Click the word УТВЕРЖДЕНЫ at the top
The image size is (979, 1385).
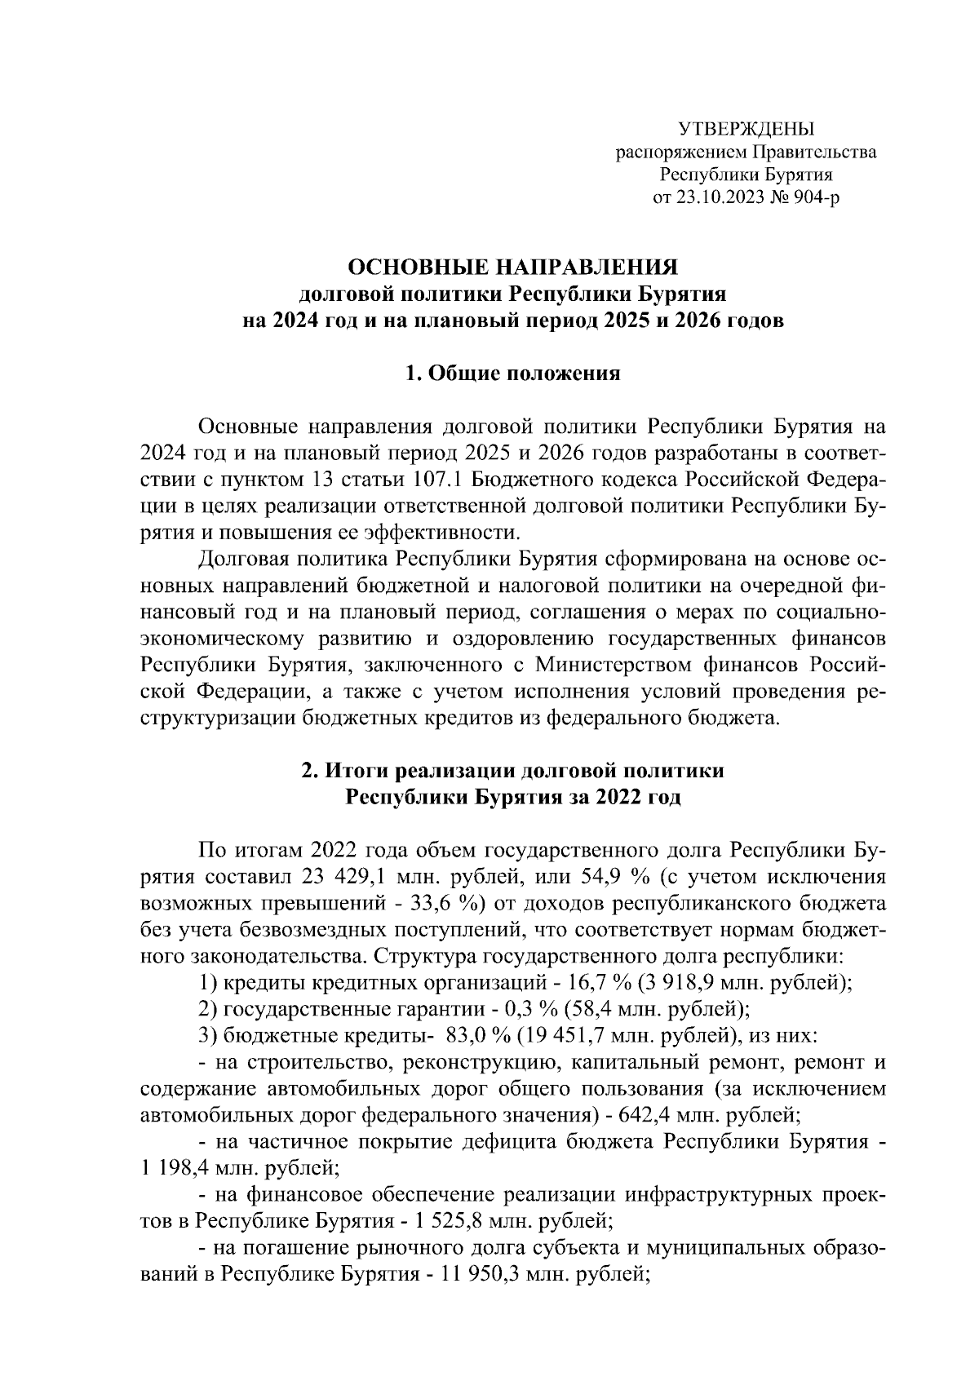(x=746, y=129)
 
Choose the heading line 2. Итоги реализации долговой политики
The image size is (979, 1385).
(x=513, y=771)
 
